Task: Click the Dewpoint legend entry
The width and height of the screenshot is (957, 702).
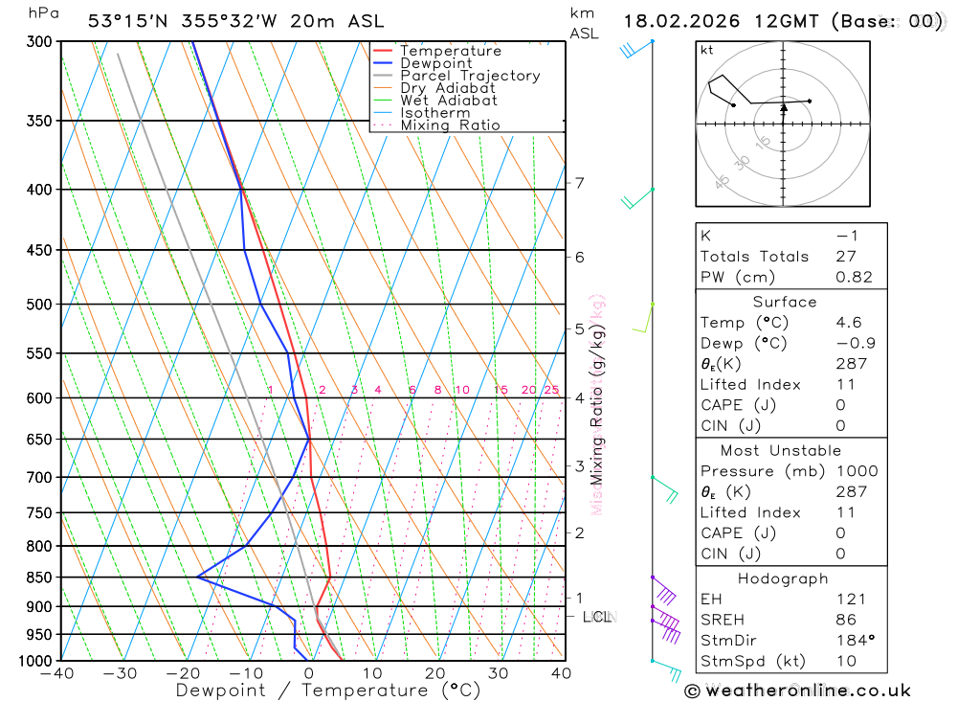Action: (x=435, y=63)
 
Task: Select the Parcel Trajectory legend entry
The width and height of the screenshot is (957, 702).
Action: (x=470, y=76)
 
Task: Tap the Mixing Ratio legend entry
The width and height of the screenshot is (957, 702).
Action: (x=450, y=125)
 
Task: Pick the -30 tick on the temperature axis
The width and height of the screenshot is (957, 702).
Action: (x=121, y=673)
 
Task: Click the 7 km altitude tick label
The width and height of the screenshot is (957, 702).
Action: (x=579, y=183)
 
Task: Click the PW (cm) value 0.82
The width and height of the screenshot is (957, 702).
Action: (x=854, y=277)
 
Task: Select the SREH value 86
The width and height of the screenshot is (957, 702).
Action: (x=845, y=620)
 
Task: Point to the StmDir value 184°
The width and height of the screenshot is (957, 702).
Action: (x=853, y=641)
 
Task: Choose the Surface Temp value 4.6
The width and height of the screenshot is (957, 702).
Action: (x=848, y=323)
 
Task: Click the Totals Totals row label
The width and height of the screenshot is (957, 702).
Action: (x=754, y=256)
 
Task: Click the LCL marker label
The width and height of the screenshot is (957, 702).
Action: (x=597, y=617)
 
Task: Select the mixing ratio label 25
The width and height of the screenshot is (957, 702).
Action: (x=551, y=390)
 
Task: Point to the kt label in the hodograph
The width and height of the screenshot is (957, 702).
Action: (x=707, y=51)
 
